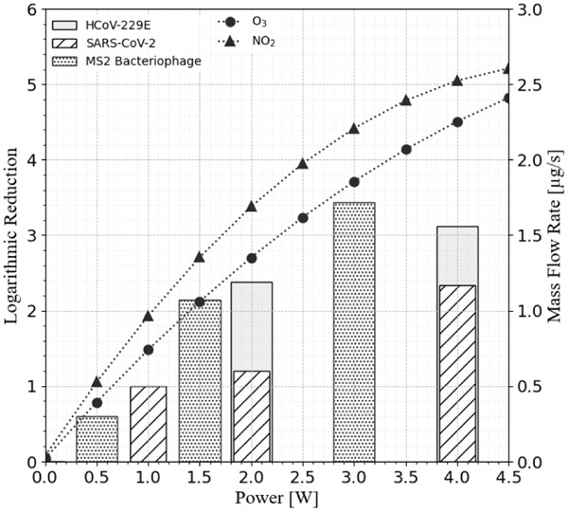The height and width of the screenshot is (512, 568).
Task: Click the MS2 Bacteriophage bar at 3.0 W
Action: [354, 332]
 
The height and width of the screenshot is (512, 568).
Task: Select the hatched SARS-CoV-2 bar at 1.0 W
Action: [148, 424]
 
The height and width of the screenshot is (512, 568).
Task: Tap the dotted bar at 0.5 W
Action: [97, 439]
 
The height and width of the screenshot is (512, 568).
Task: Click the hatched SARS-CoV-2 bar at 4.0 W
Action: [457, 374]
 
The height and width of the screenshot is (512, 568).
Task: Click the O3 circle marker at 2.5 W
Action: [303, 218]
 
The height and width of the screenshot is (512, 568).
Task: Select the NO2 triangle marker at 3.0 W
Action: [354, 128]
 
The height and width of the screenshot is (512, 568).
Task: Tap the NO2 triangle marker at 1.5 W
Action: [200, 257]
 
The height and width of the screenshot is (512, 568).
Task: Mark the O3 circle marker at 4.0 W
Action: [457, 122]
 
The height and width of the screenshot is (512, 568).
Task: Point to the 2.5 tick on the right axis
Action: [527, 85]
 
